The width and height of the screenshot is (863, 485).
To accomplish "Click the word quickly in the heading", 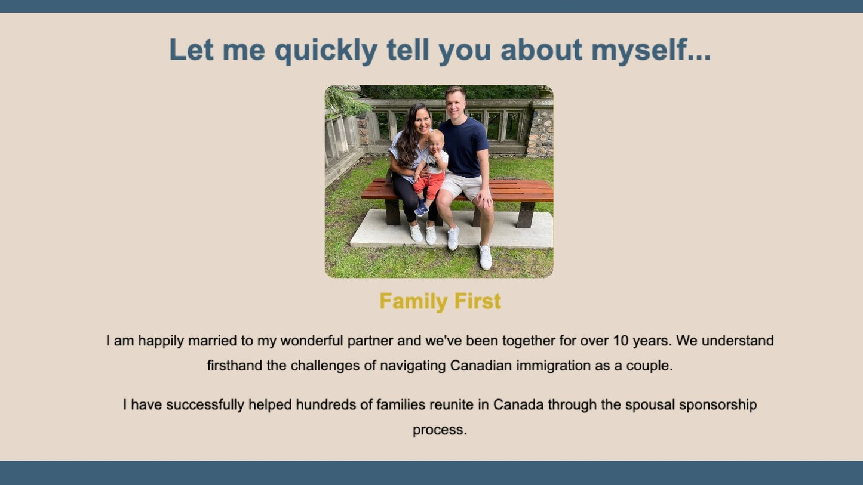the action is point(326,51).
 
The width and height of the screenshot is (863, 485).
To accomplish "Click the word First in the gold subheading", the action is point(478,301).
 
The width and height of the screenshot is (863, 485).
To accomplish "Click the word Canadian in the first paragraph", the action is point(481,365).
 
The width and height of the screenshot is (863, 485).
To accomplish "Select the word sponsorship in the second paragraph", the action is point(718,405).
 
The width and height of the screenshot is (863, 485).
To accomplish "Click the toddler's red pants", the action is point(429,186).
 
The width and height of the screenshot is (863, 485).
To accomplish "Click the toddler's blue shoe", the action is point(422,209).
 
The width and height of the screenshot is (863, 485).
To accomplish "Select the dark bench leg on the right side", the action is point(526,215).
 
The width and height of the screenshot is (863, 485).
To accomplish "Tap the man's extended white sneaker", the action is point(486,257).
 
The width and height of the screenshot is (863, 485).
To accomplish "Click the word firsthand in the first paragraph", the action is point(235,365).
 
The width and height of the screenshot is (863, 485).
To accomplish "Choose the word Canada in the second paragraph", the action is point(518,404).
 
